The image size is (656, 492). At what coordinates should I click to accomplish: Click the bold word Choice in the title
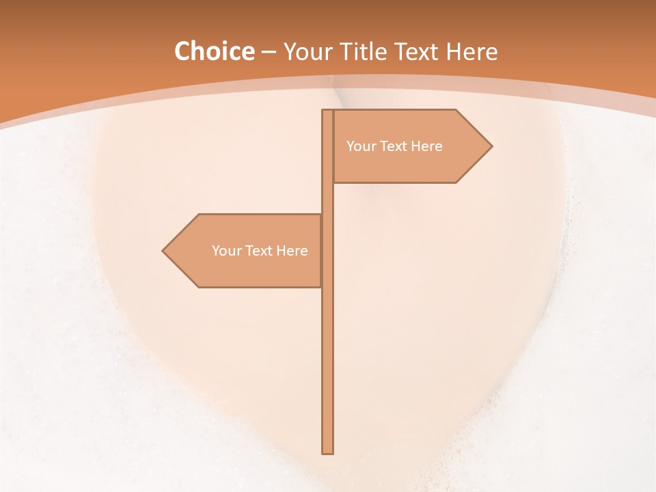click(x=214, y=52)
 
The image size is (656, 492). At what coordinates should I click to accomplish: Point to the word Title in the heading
click(x=367, y=52)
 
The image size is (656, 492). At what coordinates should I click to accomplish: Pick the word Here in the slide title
click(x=472, y=52)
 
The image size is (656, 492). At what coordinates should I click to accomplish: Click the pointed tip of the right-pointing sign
click(x=491, y=146)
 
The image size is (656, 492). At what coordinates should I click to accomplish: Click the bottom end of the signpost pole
click(x=327, y=451)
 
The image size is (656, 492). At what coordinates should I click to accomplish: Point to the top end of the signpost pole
click(x=327, y=112)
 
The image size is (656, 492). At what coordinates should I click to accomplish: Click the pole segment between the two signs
click(x=327, y=198)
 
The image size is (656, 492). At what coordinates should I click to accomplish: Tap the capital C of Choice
click(x=182, y=52)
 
